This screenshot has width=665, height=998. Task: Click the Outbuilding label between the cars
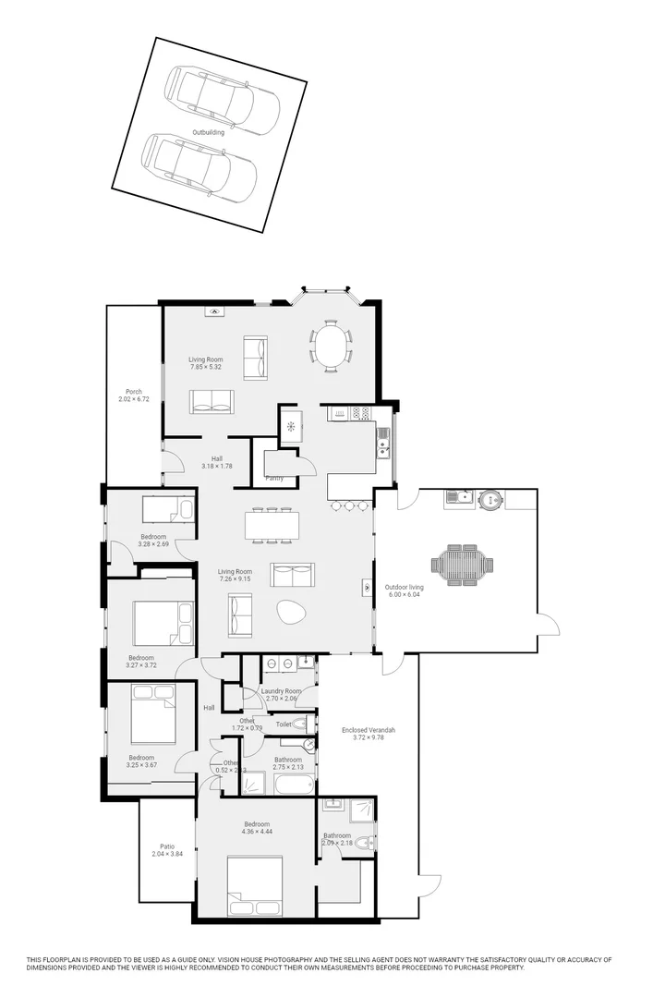tap(208, 132)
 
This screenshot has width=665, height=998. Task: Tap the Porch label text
tap(134, 391)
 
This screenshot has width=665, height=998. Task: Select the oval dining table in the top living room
tap(331, 346)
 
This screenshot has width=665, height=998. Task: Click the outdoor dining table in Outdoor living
tap(463, 564)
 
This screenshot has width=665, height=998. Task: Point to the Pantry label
tap(274, 478)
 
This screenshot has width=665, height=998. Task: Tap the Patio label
tap(167, 846)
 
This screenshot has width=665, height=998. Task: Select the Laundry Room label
tap(281, 691)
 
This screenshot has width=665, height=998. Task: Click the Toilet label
tap(284, 724)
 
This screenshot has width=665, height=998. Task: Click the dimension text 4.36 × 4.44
tap(257, 832)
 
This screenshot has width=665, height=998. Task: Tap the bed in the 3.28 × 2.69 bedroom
tap(168, 510)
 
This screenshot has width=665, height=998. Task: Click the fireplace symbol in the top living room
tap(214, 313)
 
